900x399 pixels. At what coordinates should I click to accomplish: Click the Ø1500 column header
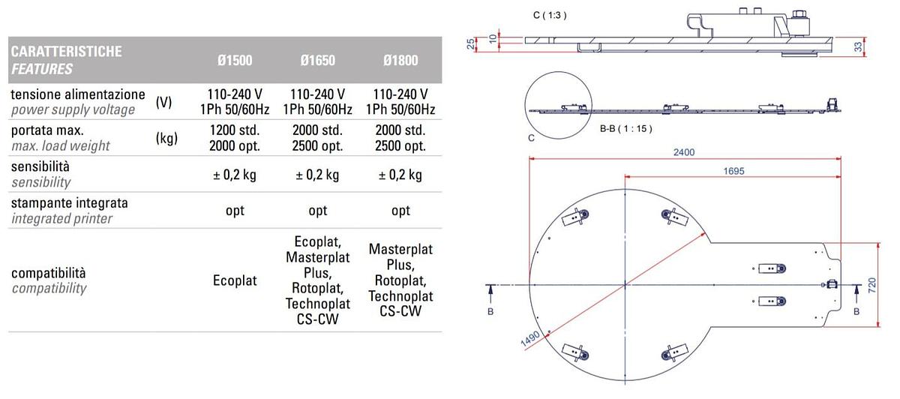(x=235, y=60)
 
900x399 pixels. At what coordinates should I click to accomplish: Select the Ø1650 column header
(x=317, y=60)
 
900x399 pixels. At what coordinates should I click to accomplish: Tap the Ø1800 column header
(x=400, y=60)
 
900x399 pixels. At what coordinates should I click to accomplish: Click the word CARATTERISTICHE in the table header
(x=66, y=52)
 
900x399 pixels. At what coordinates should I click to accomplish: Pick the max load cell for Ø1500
(x=235, y=138)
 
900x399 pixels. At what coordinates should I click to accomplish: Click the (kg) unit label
(x=166, y=138)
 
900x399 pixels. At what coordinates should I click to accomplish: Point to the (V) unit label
(x=164, y=103)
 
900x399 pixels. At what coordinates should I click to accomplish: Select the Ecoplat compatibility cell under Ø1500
(x=235, y=280)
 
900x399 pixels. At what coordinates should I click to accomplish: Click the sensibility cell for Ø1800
(x=400, y=175)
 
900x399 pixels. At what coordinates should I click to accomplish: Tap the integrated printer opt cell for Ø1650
(x=318, y=211)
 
